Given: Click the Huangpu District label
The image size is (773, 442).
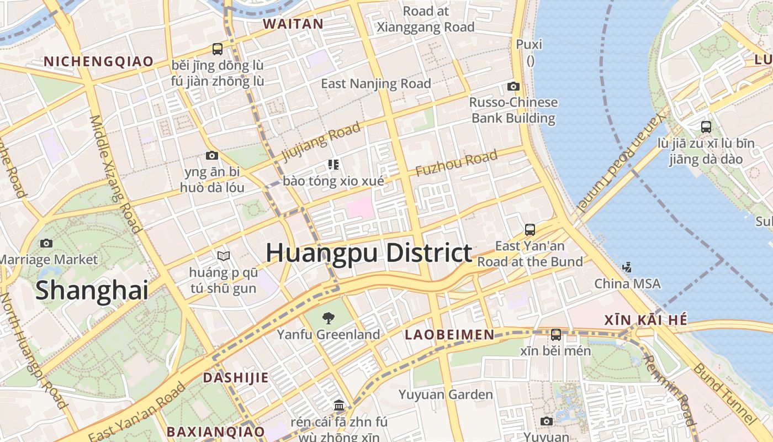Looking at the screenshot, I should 369,253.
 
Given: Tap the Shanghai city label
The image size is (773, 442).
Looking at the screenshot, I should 92,290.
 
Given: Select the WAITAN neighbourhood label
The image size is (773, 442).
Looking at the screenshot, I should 293,24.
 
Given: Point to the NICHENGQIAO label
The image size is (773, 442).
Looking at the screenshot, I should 98,61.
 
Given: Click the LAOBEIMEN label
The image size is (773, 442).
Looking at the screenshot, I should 449,334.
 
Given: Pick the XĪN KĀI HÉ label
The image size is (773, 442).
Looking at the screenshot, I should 645,320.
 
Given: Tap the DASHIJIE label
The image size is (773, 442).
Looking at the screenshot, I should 236,378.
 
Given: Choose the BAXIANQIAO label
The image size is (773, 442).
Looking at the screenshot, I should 216,431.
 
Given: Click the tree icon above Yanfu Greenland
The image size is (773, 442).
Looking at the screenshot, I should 329,318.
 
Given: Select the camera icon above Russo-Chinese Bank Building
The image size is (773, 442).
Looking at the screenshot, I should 513,86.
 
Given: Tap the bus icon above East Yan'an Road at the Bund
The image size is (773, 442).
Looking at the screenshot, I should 530,229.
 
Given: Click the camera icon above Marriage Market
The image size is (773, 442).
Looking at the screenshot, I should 46,243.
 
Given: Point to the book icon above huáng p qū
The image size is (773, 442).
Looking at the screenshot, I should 223,256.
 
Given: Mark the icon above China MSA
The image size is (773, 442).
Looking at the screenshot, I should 627,267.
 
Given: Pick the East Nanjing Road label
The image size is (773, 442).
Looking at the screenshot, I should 376,83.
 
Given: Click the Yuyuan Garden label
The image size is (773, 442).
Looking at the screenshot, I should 446,394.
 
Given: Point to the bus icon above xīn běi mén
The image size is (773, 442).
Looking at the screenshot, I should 555,334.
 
